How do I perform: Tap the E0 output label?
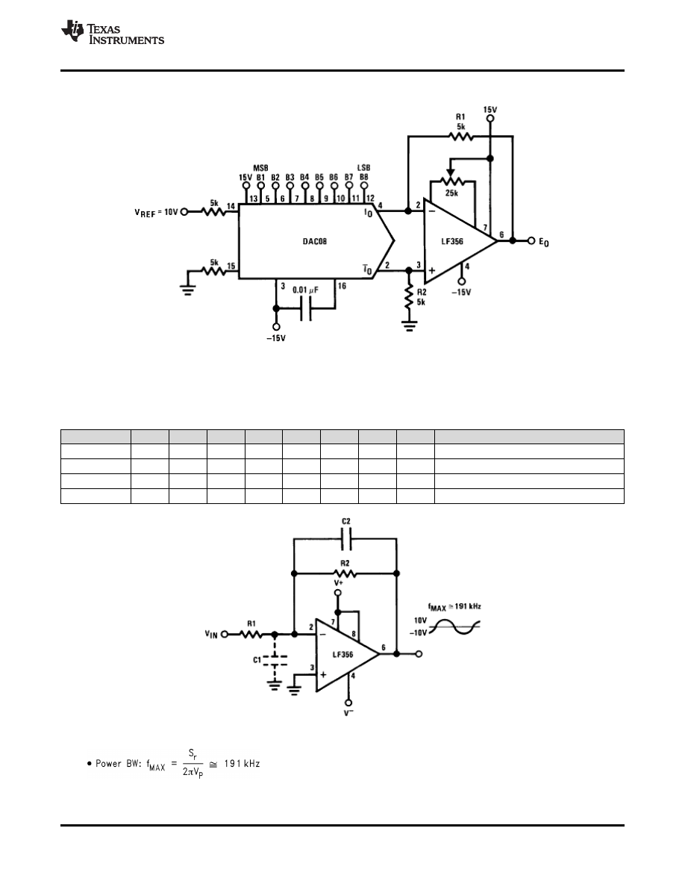pyautogui.click(x=545, y=243)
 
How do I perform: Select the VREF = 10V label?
pyautogui.click(x=157, y=212)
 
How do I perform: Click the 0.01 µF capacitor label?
pyautogui.click(x=306, y=289)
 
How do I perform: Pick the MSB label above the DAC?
pyautogui.click(x=260, y=167)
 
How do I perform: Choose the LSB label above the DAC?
pyautogui.click(x=364, y=167)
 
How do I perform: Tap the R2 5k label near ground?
pyautogui.click(x=422, y=297)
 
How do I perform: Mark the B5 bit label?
pyautogui.click(x=319, y=177)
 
